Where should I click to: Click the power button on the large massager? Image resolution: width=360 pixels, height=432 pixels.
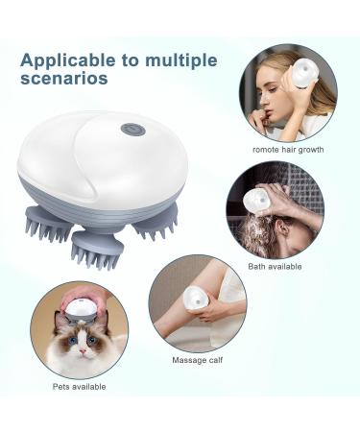coord(127,129)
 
